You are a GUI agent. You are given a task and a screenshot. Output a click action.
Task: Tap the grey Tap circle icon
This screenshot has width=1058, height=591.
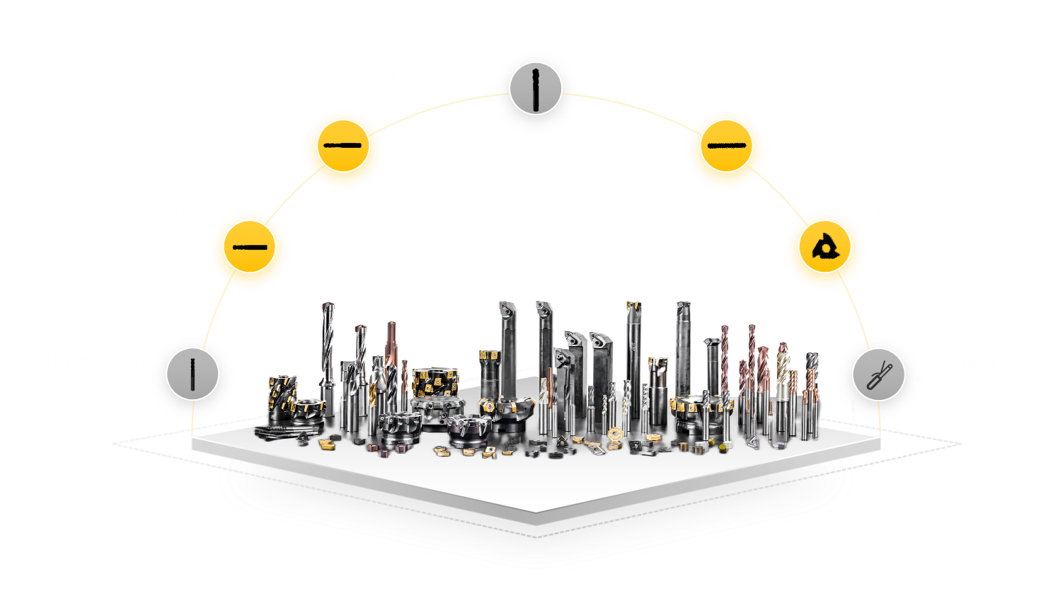(x=535, y=91)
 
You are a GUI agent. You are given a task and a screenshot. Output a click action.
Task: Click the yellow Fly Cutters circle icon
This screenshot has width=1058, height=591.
(x=824, y=249)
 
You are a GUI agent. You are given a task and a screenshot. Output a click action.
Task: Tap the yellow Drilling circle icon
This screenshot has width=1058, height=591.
(x=249, y=249)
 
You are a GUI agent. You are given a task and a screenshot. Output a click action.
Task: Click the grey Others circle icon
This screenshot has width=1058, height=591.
(x=878, y=375)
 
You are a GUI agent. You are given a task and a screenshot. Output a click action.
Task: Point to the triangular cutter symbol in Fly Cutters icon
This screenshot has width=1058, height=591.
(x=824, y=248)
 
